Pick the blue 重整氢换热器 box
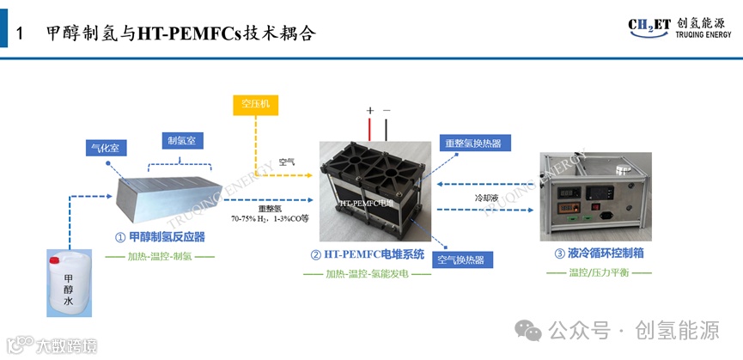(x=472, y=143)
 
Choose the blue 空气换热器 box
(x=460, y=259)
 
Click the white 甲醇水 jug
(x=69, y=281)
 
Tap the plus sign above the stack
(x=370, y=111)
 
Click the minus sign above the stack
(x=387, y=111)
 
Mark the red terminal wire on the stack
(x=370, y=131)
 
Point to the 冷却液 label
(x=486, y=197)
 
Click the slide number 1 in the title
(x=28, y=34)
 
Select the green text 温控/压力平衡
(x=599, y=272)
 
